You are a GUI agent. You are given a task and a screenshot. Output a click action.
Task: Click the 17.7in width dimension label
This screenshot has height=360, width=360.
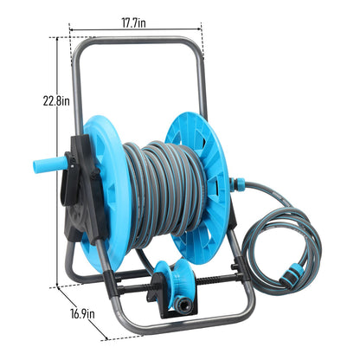pyautogui.click(x=133, y=23)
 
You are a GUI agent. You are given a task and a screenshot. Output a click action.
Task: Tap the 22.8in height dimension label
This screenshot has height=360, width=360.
pyautogui.click(x=56, y=101)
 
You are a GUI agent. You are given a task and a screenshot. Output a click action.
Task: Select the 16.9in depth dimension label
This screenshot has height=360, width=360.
pyautogui.click(x=82, y=314)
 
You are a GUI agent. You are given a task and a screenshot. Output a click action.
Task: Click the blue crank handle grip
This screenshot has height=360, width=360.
pyautogui.click(x=50, y=165)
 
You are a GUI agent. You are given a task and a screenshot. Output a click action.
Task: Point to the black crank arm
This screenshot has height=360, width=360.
pyautogui.click(x=70, y=179)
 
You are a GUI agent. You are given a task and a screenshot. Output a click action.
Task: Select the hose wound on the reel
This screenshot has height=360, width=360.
pyautogui.click(x=165, y=192)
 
